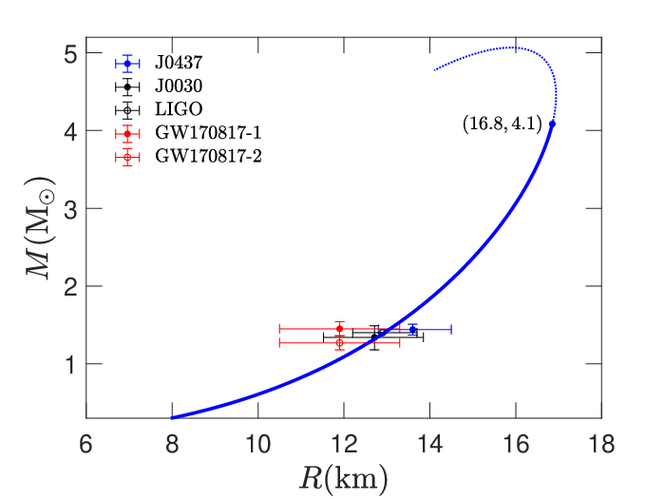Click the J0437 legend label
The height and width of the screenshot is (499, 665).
179,63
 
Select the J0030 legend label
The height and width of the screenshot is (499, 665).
179,86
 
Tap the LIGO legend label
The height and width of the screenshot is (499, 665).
179,109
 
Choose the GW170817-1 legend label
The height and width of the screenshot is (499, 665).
208,133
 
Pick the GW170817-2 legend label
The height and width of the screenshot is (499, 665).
208,156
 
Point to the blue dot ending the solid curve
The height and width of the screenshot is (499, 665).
552,124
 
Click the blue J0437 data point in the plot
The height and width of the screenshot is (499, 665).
412,329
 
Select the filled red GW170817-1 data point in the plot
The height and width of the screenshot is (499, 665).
339,329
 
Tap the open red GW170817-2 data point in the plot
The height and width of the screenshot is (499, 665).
339,342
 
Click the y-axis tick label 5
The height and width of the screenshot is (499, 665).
70,53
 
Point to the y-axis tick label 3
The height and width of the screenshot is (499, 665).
70,209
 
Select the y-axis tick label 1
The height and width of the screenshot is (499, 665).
70,364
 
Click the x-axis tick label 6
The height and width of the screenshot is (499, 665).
85,444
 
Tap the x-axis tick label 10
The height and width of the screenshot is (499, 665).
257,444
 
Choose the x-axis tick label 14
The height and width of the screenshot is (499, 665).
430,444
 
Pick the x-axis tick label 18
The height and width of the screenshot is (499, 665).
601,444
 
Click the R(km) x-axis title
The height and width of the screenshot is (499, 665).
344,479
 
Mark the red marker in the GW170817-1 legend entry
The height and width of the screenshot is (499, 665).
127,134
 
